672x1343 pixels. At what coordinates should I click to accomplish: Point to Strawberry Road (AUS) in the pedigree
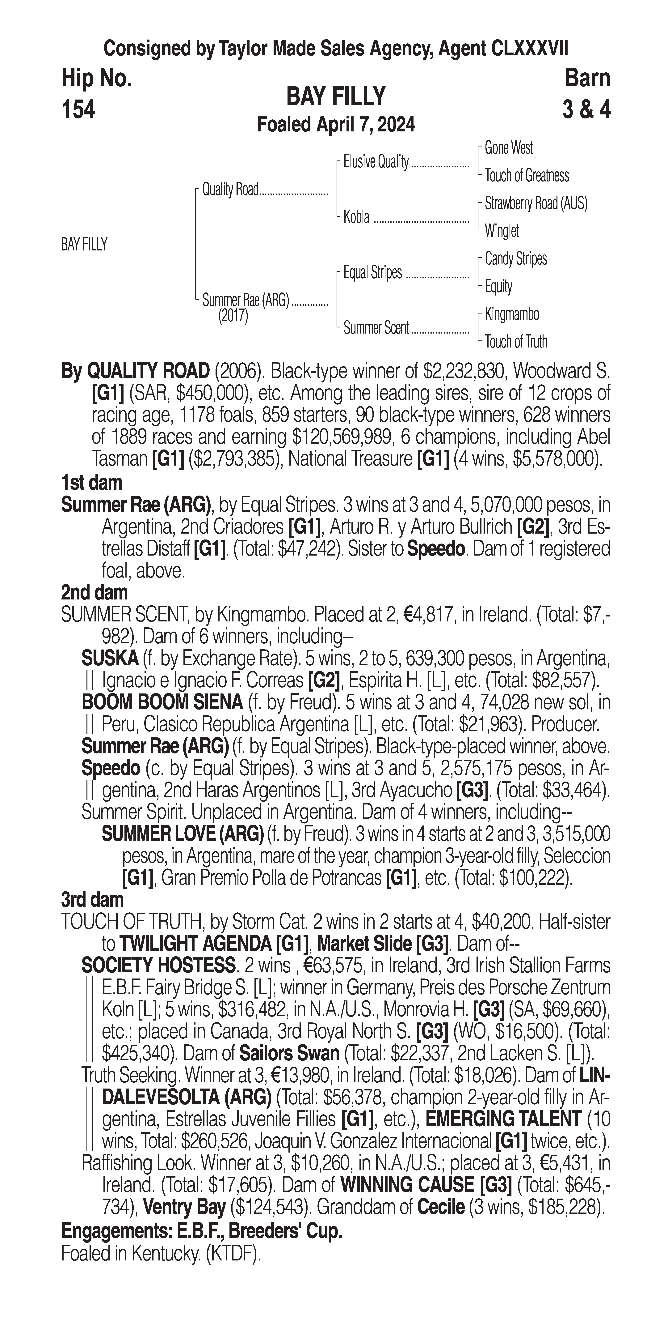535,203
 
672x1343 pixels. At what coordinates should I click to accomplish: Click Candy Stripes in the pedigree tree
516,259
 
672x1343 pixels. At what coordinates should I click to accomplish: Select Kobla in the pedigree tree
356,217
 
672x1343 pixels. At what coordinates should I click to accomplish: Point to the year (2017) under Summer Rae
233,316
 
